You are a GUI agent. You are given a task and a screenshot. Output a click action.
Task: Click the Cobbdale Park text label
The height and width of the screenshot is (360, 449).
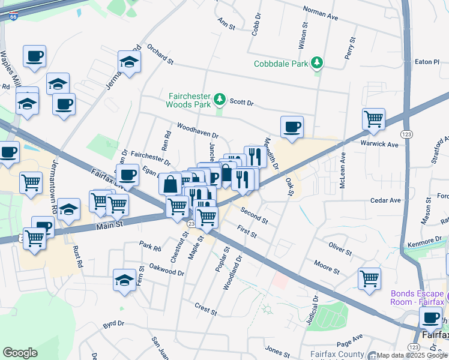click(x=280, y=63)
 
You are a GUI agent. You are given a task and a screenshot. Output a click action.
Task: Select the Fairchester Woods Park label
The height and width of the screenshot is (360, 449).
click(x=189, y=100)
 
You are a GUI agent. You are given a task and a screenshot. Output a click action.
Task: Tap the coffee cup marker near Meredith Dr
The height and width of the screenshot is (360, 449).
click(x=292, y=127)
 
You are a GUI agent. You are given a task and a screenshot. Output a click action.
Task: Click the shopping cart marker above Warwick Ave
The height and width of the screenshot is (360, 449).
click(x=373, y=119)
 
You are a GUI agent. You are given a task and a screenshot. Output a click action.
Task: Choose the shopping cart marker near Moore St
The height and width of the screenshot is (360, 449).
click(x=369, y=278)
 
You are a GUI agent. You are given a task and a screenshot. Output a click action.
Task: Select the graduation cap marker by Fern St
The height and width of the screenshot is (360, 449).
click(x=124, y=280)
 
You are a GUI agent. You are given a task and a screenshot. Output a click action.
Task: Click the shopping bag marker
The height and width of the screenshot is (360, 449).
click(x=170, y=184)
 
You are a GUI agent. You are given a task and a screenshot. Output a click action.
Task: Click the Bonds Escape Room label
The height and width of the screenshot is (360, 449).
click(x=417, y=298)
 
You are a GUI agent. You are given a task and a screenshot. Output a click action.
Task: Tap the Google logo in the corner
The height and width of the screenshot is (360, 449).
click(x=20, y=353)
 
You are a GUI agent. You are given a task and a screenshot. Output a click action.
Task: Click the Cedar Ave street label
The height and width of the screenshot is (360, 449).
click(x=385, y=200)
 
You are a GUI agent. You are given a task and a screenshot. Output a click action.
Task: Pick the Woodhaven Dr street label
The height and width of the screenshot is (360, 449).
click(x=197, y=131)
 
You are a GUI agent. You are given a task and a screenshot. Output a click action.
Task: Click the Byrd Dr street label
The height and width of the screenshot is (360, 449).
click(x=113, y=323)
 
